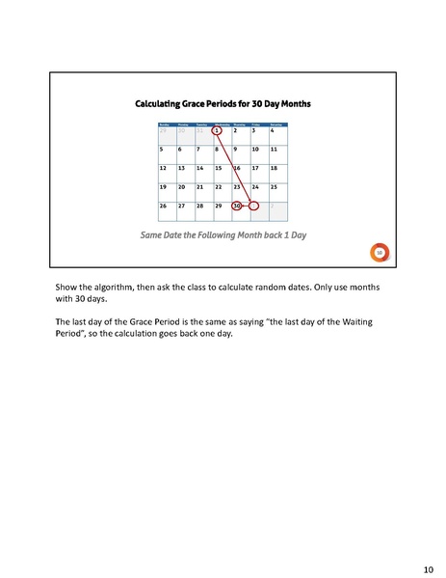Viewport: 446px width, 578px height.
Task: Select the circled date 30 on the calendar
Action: tap(237, 206)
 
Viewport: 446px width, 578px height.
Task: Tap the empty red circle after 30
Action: tap(254, 206)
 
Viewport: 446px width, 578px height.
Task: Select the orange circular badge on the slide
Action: tap(380, 252)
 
